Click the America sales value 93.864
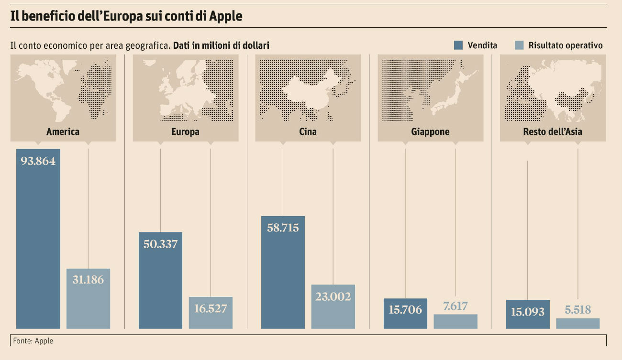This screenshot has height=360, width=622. click(38, 161)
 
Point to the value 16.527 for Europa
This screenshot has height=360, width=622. click(211, 308)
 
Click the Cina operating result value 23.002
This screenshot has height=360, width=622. click(333, 296)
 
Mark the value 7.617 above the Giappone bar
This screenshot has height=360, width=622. click(455, 306)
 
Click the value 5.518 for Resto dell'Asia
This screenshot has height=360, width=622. click(578, 310)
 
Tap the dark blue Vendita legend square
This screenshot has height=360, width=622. click(458, 45)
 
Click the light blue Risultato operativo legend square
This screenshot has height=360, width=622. click(519, 45)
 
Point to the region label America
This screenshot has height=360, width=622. click(63, 131)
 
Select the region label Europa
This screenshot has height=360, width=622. click(185, 131)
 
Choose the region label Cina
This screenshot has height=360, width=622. click(308, 131)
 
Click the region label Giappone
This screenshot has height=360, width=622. click(430, 131)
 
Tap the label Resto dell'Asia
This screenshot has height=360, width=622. click(553, 131)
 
